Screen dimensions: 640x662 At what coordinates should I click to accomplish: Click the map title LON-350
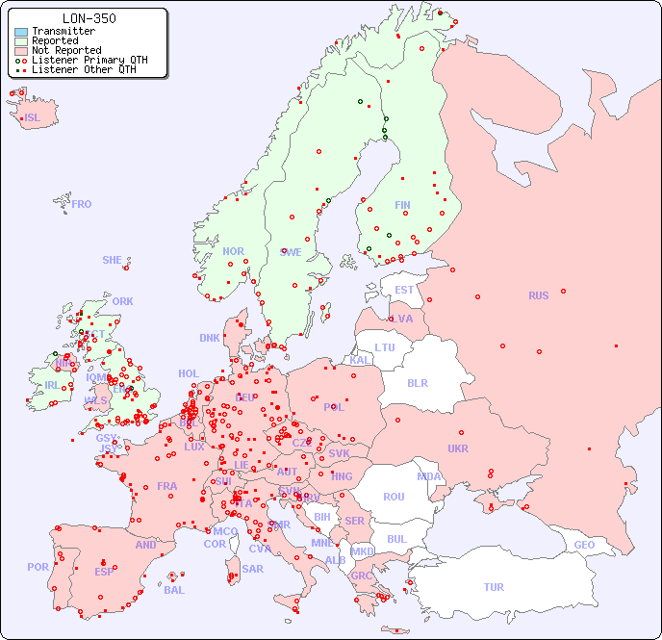click(89, 18)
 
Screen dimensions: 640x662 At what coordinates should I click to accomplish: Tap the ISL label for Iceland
click(33, 118)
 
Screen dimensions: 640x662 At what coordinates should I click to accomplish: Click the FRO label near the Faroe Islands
click(82, 204)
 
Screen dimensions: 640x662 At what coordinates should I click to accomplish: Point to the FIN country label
click(402, 205)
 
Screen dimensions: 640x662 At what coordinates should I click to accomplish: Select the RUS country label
click(538, 295)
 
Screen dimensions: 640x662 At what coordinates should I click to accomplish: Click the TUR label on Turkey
click(494, 587)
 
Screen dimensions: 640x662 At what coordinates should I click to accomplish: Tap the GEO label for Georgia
click(584, 545)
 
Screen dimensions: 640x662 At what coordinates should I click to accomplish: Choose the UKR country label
click(458, 448)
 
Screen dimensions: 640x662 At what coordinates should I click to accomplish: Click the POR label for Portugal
click(38, 567)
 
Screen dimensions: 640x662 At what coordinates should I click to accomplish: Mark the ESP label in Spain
click(104, 572)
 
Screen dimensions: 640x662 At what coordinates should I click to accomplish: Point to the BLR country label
click(417, 382)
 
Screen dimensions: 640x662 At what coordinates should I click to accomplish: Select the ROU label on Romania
click(394, 497)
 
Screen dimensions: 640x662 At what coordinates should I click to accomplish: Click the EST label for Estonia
click(404, 290)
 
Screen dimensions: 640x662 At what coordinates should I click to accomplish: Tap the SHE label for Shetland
click(113, 260)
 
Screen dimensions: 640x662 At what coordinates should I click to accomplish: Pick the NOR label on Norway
click(233, 251)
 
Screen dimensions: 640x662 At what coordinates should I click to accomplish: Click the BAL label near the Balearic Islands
click(174, 590)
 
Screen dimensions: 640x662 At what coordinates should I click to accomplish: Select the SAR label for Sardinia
click(252, 569)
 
